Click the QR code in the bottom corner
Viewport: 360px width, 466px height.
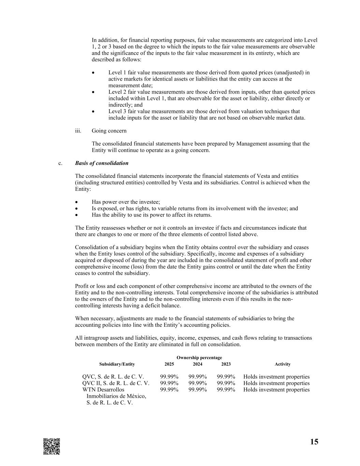[x=52, y=446]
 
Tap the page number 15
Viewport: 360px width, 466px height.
[x=314, y=442]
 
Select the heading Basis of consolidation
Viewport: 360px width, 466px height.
[x=102, y=163]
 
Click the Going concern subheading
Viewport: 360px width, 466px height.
[x=109, y=131]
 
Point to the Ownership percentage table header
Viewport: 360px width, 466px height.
[x=199, y=357]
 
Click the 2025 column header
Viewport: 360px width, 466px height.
[x=169, y=364]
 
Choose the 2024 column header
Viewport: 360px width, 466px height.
[x=198, y=364]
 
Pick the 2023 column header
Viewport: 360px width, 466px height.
[x=226, y=364]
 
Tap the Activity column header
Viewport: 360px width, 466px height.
[x=283, y=364]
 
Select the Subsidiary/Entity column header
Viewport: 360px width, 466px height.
[x=117, y=364]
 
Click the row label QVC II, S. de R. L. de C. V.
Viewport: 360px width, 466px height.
[x=116, y=383]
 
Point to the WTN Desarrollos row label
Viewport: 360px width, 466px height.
[x=103, y=390]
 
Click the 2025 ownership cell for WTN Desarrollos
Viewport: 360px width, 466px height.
[x=169, y=390]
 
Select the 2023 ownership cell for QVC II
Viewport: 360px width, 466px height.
[x=226, y=383]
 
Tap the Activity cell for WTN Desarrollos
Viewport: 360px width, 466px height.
[x=276, y=390]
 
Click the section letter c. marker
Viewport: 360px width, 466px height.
[x=60, y=163]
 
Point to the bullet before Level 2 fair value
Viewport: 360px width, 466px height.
[x=94, y=92]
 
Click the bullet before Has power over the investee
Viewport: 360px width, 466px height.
[x=77, y=202]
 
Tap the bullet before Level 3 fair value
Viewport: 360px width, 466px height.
[x=94, y=112]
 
